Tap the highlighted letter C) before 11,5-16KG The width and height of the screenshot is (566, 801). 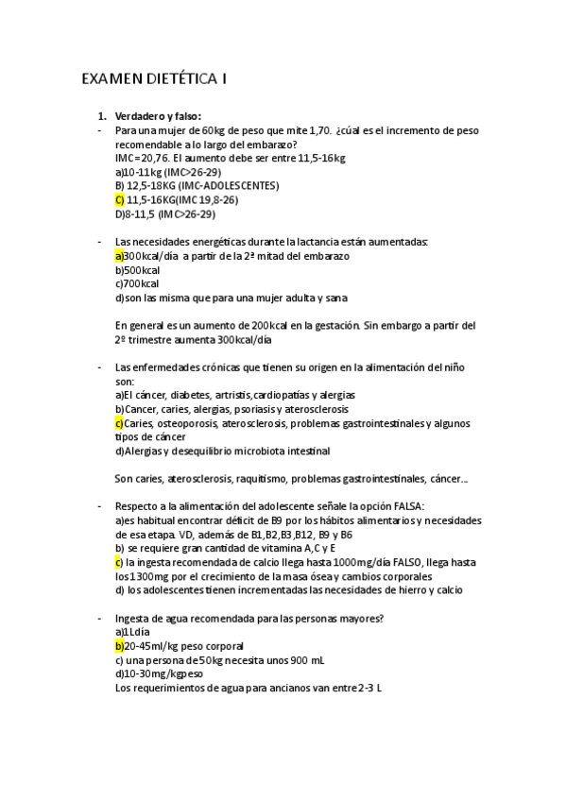click(x=119, y=200)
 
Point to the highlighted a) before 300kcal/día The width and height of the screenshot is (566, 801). click(x=119, y=256)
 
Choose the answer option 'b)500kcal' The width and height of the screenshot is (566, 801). click(x=137, y=270)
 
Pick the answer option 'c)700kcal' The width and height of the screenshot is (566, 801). click(x=137, y=283)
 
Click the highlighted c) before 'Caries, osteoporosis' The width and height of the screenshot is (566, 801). click(x=119, y=423)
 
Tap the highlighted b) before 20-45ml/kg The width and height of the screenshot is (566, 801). click(x=119, y=646)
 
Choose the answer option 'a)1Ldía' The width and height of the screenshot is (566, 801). click(x=133, y=632)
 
